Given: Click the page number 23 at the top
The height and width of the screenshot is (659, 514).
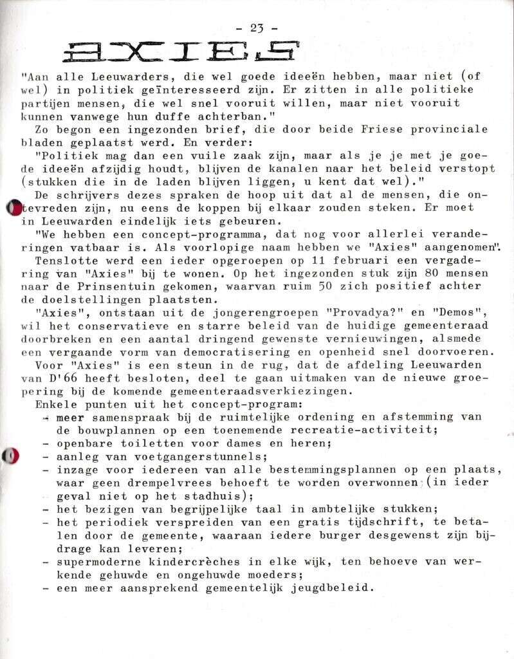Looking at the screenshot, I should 257,28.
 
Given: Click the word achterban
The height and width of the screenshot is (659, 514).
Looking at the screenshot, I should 225,115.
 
